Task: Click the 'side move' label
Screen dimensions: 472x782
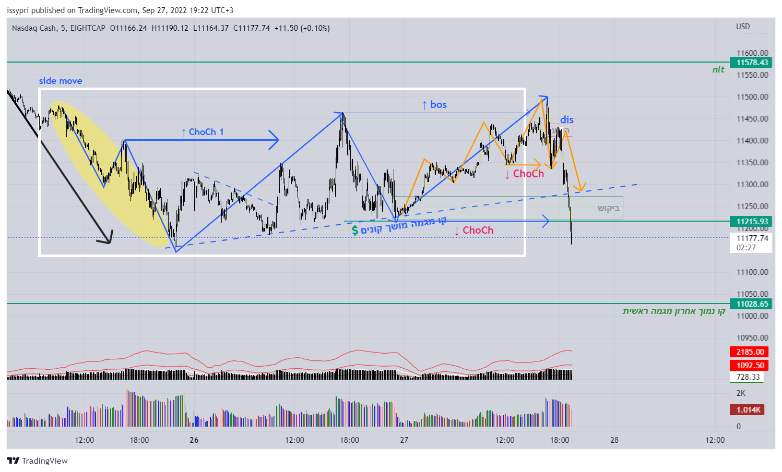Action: coord(61,81)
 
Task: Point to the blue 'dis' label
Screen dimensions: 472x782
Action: coord(567,120)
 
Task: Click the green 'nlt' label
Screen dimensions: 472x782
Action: coord(718,70)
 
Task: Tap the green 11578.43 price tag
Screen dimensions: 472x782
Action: coord(752,63)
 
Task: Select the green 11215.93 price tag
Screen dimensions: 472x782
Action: coord(752,222)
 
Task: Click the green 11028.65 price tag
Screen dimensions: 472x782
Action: coord(752,304)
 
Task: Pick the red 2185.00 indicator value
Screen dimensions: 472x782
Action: coord(750,352)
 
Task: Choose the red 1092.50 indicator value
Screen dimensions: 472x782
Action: coord(750,366)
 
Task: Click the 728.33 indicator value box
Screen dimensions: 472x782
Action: coord(748,377)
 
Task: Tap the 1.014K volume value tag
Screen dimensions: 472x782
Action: coord(749,410)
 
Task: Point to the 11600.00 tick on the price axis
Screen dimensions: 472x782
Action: coord(752,53)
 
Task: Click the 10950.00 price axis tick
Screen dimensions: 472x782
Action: coord(752,338)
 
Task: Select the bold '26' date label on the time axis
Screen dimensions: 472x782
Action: coord(194,440)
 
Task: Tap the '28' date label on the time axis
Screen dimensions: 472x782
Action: coord(614,440)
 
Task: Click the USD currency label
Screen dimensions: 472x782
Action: coord(743,27)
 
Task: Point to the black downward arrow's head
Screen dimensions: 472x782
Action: coord(108,240)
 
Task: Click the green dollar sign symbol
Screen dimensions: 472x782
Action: coord(355,230)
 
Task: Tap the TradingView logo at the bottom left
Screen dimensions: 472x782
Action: coord(38,461)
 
